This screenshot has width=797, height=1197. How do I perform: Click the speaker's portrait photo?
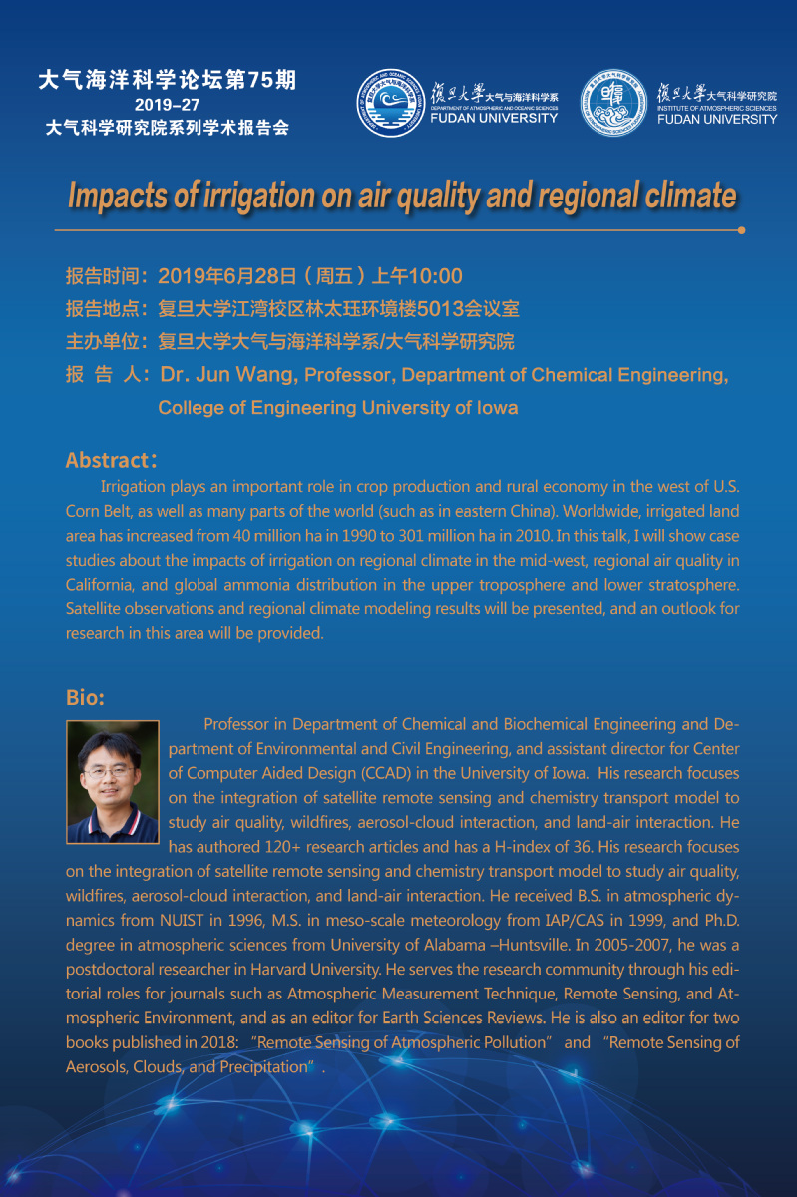click(113, 781)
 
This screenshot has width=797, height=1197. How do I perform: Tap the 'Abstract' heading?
click(106, 460)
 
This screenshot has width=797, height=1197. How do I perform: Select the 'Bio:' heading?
click(85, 696)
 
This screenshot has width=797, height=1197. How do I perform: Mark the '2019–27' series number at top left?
click(167, 105)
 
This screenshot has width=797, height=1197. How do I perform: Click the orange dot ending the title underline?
click(741, 230)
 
